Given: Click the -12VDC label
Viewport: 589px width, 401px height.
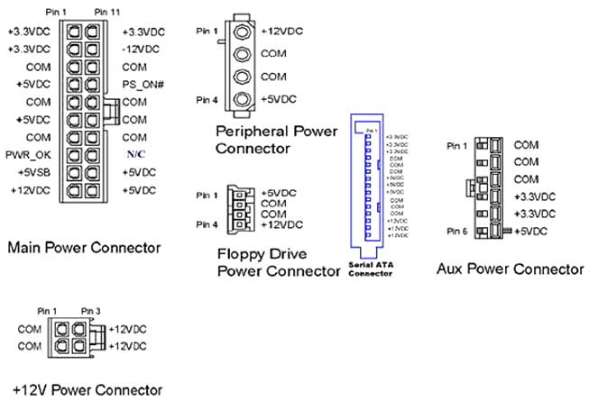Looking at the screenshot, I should coord(139,49).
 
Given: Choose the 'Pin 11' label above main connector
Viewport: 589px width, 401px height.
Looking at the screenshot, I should coord(106,11).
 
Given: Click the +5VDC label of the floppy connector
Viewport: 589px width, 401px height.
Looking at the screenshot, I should coord(278,194).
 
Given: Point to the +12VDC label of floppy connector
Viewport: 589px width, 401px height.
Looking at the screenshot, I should coord(281,224).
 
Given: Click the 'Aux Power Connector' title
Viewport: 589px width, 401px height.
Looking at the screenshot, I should coord(509,268).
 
